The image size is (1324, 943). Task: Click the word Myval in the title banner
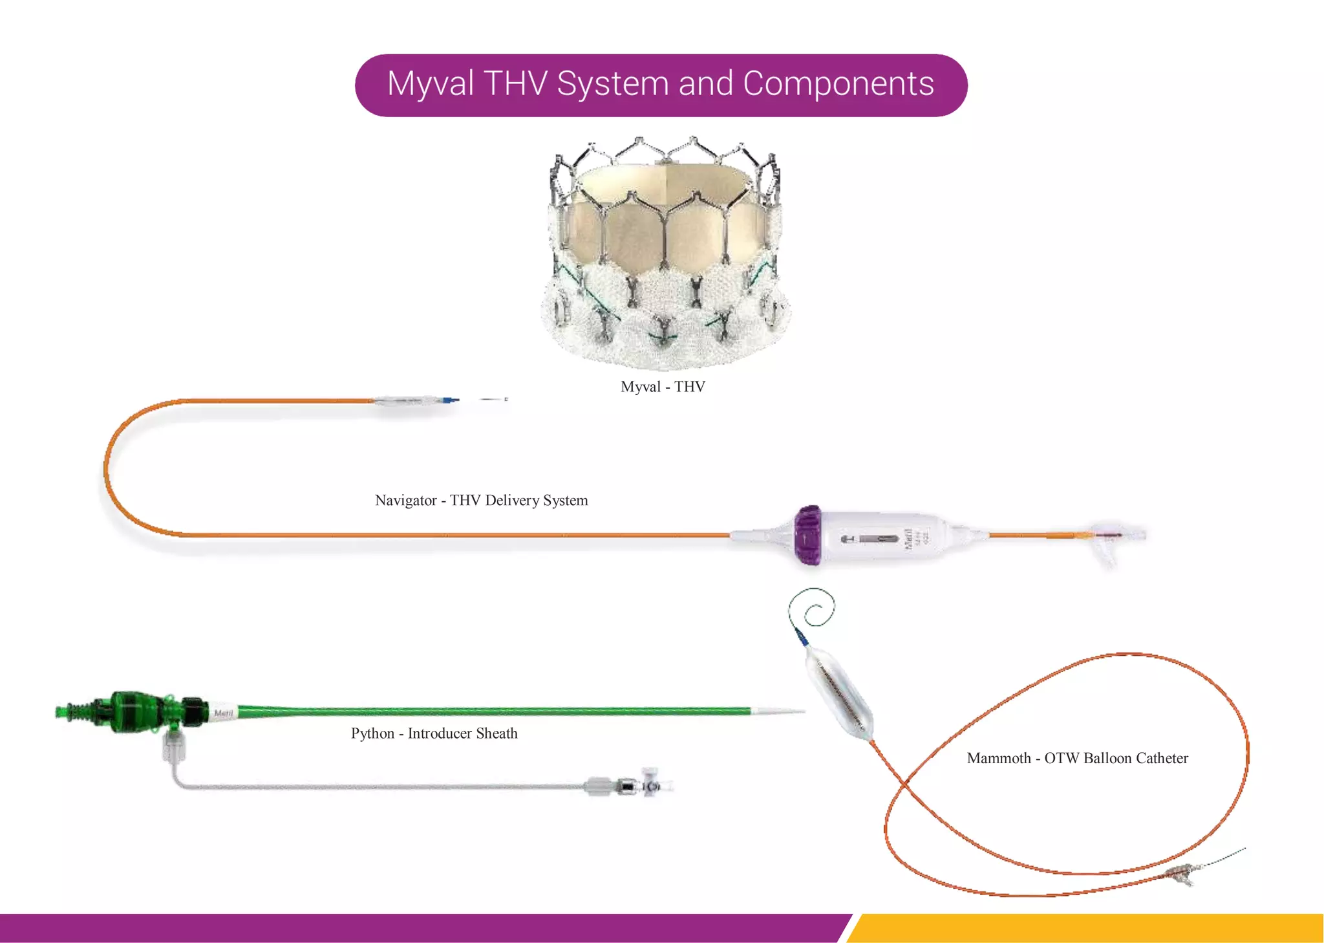(431, 84)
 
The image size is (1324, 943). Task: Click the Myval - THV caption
(663, 387)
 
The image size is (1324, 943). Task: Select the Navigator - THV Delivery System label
(481, 501)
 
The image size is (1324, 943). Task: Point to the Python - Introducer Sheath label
(434, 733)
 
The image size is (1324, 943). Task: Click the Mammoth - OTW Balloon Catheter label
(1077, 758)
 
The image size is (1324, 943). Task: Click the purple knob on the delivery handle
(808, 536)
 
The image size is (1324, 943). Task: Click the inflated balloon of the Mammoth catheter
(838, 695)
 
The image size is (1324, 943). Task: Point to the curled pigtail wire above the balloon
(813, 608)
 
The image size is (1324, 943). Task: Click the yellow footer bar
(1086, 927)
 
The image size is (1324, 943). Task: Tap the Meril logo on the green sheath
(223, 713)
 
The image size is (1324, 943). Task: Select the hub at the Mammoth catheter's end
(1183, 874)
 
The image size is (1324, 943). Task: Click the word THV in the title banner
(515, 84)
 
